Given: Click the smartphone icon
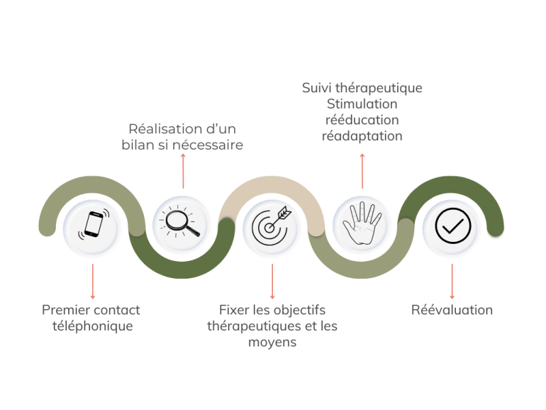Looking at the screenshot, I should pos(93,225).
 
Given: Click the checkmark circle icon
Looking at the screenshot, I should pos(452,225).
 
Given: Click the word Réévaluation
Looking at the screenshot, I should pos(452,310).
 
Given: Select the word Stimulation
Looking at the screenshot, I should pos(362,105).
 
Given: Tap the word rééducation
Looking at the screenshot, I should pos(362,120).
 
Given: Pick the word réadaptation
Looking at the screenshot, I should pos(362,136).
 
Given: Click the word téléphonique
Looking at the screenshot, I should pos(93,326).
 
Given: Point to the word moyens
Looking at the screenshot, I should pos(272,342).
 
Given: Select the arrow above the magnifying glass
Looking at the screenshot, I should pos(183,171).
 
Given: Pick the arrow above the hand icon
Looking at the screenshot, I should pos(362,171).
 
